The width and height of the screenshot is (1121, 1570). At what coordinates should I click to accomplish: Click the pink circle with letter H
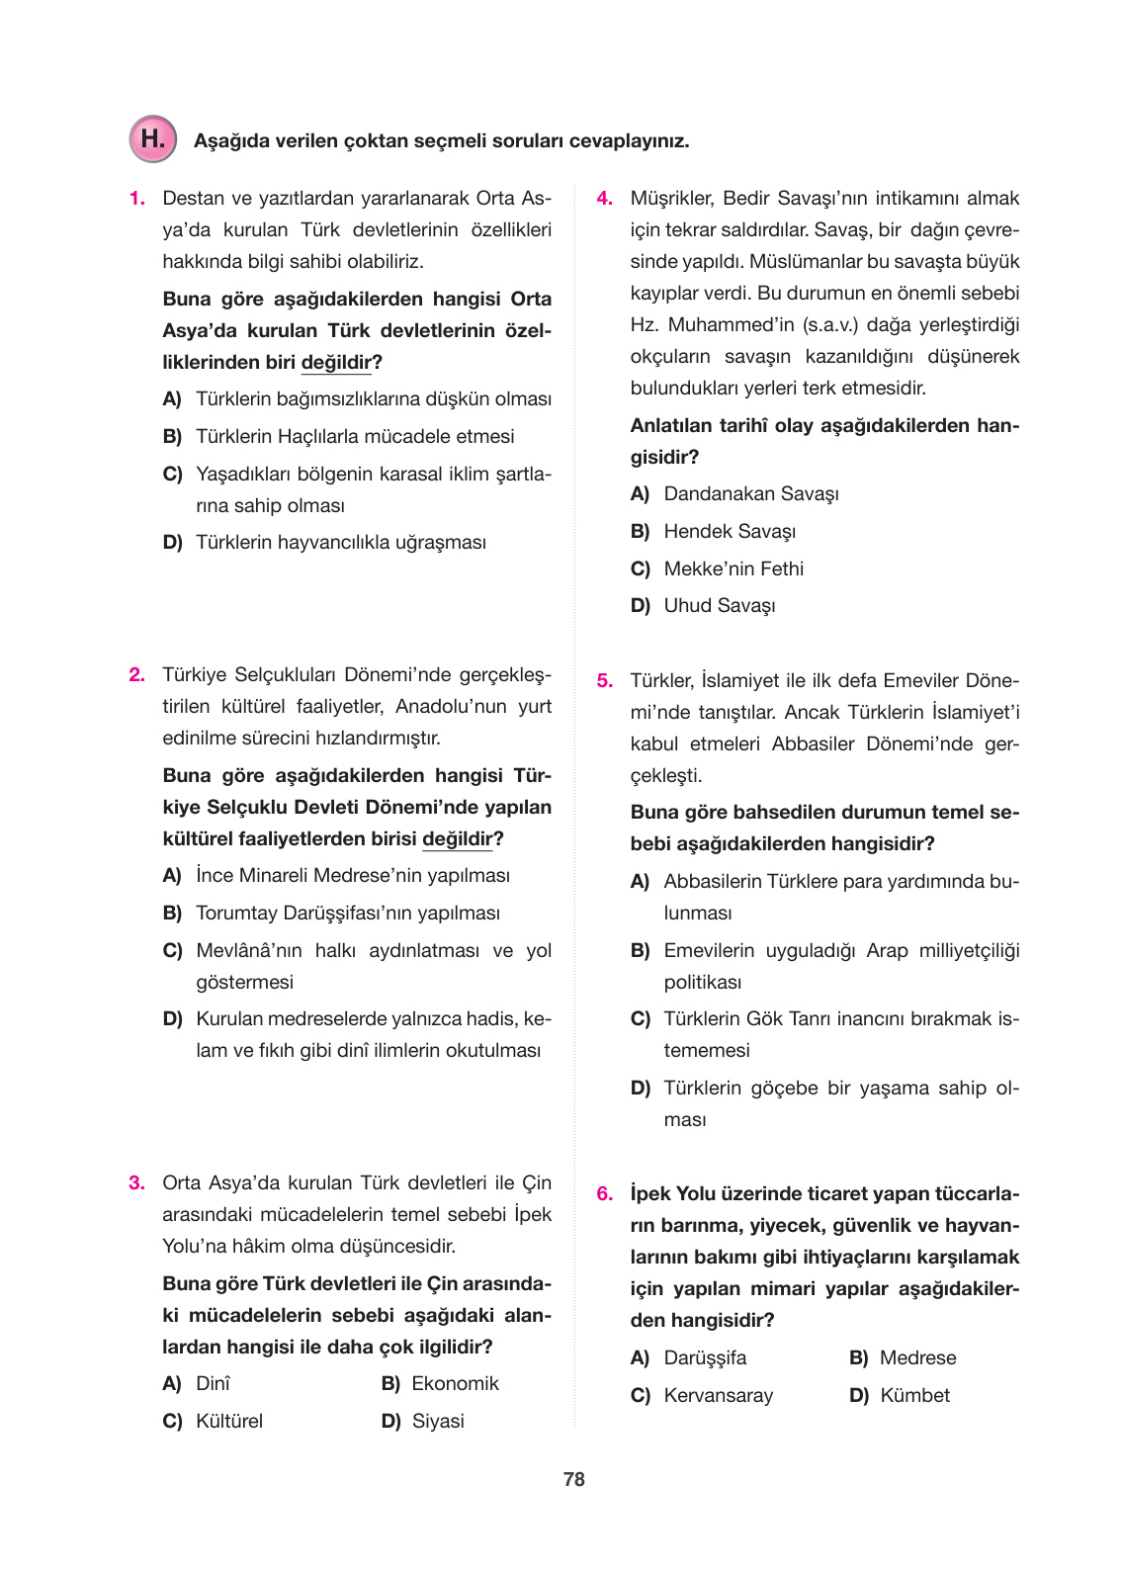(x=152, y=139)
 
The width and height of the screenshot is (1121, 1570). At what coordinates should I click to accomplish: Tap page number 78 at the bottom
(x=573, y=1479)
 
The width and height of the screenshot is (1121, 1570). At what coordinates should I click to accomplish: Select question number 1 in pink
(x=136, y=199)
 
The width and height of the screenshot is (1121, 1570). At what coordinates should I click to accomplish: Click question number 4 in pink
(x=604, y=199)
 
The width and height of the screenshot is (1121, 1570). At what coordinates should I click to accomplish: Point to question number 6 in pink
(x=604, y=1194)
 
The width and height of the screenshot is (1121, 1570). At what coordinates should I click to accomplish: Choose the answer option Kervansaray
(x=718, y=1395)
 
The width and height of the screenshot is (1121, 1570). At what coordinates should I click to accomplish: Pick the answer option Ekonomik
(x=455, y=1383)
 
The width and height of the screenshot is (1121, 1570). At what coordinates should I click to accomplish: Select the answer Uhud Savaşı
(x=719, y=605)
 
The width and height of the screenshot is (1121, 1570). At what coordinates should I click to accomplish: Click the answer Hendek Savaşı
(x=729, y=531)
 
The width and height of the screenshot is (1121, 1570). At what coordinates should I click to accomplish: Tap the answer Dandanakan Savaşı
(x=750, y=493)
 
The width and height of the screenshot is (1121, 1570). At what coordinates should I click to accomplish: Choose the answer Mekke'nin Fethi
(x=733, y=568)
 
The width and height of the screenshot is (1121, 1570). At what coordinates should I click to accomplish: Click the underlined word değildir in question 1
(x=336, y=362)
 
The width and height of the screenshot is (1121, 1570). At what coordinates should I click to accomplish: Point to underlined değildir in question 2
(x=457, y=838)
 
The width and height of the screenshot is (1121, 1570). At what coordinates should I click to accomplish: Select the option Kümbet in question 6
(x=913, y=1395)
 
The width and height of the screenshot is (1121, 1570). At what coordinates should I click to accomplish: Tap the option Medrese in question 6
(x=917, y=1357)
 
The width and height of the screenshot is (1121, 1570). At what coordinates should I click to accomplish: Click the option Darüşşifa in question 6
(x=704, y=1357)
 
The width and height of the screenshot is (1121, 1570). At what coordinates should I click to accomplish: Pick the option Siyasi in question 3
(x=437, y=1421)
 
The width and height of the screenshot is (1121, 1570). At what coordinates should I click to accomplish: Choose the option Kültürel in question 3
(x=228, y=1421)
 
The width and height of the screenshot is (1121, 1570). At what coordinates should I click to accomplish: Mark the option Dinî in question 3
(x=213, y=1383)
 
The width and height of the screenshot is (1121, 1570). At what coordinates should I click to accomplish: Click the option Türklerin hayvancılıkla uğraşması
(x=340, y=542)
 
